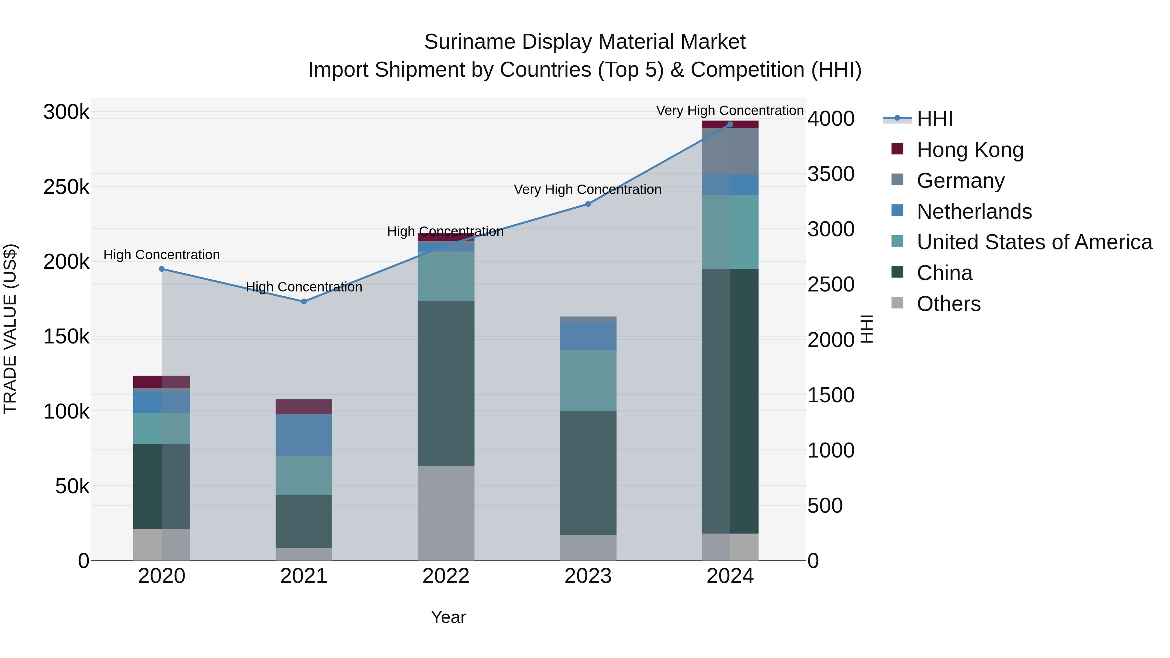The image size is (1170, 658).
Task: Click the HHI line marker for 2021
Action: [x=304, y=302]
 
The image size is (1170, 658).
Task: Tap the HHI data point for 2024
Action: [x=730, y=124]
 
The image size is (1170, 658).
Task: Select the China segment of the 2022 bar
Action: [x=446, y=383]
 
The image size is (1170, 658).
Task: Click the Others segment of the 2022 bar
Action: [x=446, y=513]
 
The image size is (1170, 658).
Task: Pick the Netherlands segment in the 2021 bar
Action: [x=304, y=435]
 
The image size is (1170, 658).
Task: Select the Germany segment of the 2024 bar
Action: [x=730, y=151]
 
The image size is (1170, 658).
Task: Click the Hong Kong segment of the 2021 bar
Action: [x=304, y=407]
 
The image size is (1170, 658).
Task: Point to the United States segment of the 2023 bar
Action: [x=588, y=381]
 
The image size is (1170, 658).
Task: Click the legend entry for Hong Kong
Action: [x=970, y=150]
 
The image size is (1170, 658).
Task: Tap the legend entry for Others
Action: [x=948, y=304]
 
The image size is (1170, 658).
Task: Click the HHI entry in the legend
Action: [x=934, y=119]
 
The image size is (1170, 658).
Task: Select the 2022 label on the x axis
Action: [x=446, y=576]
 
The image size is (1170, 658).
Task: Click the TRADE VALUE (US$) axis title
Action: [x=10, y=329]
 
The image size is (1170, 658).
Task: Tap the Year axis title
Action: [x=448, y=617]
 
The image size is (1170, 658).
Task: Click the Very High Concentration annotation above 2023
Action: [x=587, y=189]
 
